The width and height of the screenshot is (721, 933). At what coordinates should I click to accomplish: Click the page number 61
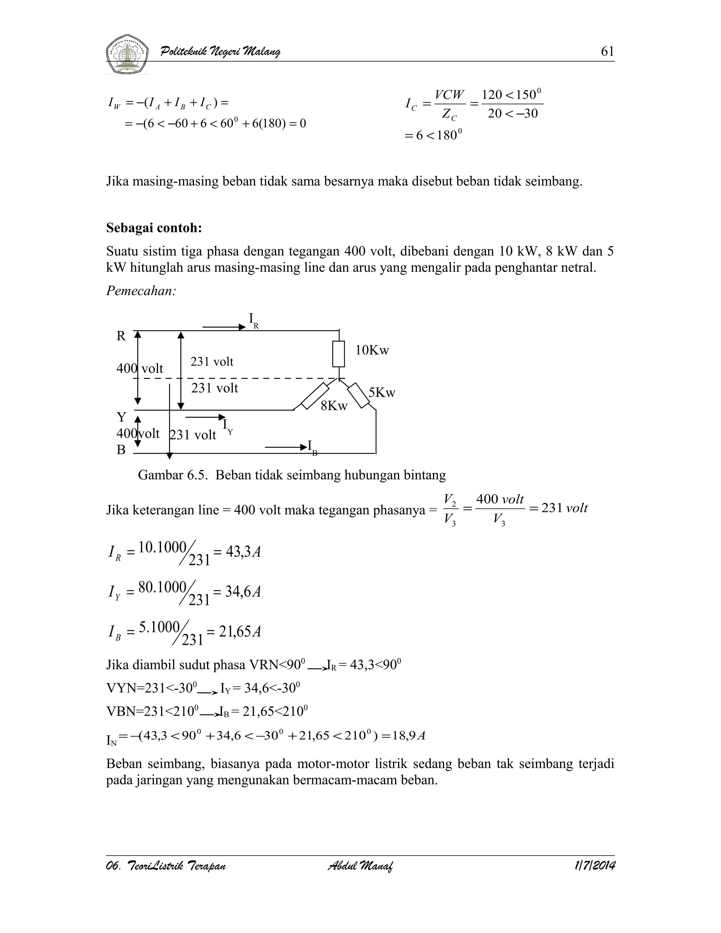point(607,52)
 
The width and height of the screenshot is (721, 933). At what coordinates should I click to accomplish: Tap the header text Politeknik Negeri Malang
point(220,52)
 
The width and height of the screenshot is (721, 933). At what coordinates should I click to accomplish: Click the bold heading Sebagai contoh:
point(154,228)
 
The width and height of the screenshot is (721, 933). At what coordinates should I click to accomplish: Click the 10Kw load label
point(372,350)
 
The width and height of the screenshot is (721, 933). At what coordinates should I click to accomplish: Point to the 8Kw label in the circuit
point(334,406)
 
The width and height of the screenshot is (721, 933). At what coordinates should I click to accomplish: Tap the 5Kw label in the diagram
point(382,393)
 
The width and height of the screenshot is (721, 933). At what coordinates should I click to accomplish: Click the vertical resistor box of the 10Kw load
point(339,354)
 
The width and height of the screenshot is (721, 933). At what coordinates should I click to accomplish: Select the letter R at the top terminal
point(121,337)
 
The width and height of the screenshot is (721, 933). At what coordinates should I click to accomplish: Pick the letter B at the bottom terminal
point(121,450)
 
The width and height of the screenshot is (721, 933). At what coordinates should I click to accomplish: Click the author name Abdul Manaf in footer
point(360,866)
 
